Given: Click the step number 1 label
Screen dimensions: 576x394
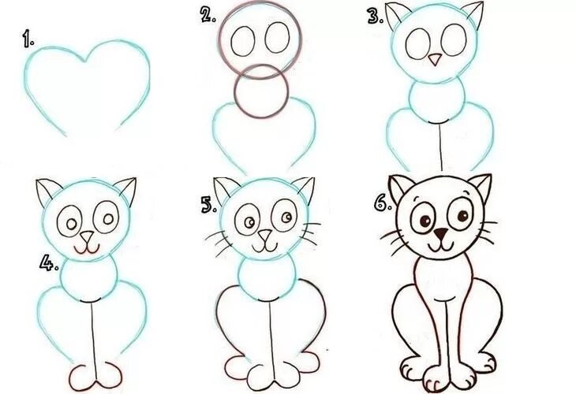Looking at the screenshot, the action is click(x=28, y=39).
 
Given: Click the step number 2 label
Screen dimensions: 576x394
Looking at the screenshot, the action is click(x=208, y=15).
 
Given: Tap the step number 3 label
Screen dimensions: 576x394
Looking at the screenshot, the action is click(x=376, y=17).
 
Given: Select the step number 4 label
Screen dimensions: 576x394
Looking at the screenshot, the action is click(x=49, y=263).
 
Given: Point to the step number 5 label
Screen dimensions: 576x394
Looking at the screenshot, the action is click(x=209, y=206).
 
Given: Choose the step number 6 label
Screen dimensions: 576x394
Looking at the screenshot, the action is click(x=383, y=203).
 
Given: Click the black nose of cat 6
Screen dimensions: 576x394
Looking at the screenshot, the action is click(x=440, y=233).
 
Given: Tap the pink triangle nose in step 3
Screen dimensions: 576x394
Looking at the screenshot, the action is click(x=436, y=59).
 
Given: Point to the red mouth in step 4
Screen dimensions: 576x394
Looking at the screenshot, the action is click(x=86, y=250).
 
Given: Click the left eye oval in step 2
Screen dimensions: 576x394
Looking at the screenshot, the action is click(x=243, y=40).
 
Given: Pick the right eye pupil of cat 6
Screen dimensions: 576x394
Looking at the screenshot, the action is click(x=462, y=215).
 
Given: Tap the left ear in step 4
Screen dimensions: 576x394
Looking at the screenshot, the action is click(x=47, y=191).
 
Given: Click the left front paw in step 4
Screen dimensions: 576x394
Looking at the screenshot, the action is click(x=82, y=378).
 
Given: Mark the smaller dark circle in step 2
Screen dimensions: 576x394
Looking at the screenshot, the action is click(x=261, y=91).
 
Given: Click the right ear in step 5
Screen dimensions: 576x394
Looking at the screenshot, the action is click(x=305, y=189).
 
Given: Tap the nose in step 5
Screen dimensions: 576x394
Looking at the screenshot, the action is click(x=264, y=236).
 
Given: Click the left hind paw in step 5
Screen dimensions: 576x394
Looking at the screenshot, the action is click(x=236, y=367).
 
